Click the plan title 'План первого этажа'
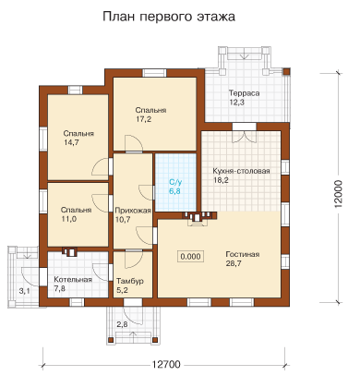tap(169, 17)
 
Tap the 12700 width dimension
tap(166, 365)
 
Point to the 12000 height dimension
tap(338, 194)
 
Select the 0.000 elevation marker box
tap(190, 257)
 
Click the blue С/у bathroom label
tap(174, 182)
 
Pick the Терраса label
tap(244, 93)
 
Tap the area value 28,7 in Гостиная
tap(234, 263)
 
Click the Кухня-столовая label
tap(241, 171)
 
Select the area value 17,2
tap(144, 119)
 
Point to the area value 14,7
tap(71, 142)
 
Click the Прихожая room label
tap(133, 211)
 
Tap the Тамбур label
tap(130, 281)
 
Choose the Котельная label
tap(73, 280)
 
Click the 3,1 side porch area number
tap(25, 290)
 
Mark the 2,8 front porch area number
tap(122, 324)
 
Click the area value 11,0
tap(68, 219)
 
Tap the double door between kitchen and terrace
tap(245, 137)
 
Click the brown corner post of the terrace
tap(286, 71)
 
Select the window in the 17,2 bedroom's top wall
tap(154, 73)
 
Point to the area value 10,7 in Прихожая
tap(123, 220)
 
